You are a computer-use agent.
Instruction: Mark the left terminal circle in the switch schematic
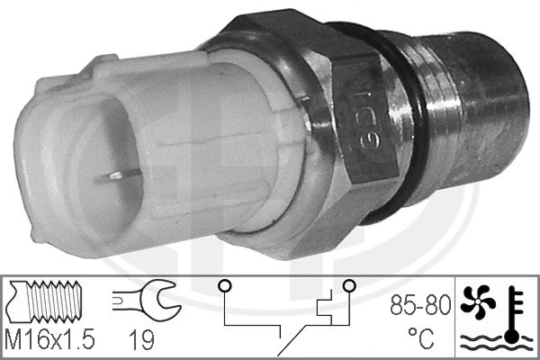pyautogui.click(x=222, y=287)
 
